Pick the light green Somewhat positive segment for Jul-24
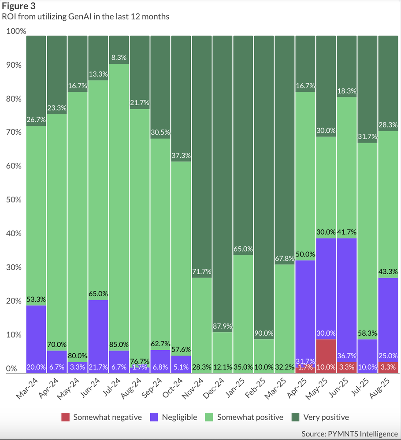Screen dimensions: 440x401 119,207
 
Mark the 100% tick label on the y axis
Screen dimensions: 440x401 16,32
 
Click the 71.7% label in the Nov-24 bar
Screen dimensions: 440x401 202,272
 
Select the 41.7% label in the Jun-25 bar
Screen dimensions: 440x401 347,232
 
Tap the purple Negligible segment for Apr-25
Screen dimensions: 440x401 305,308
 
